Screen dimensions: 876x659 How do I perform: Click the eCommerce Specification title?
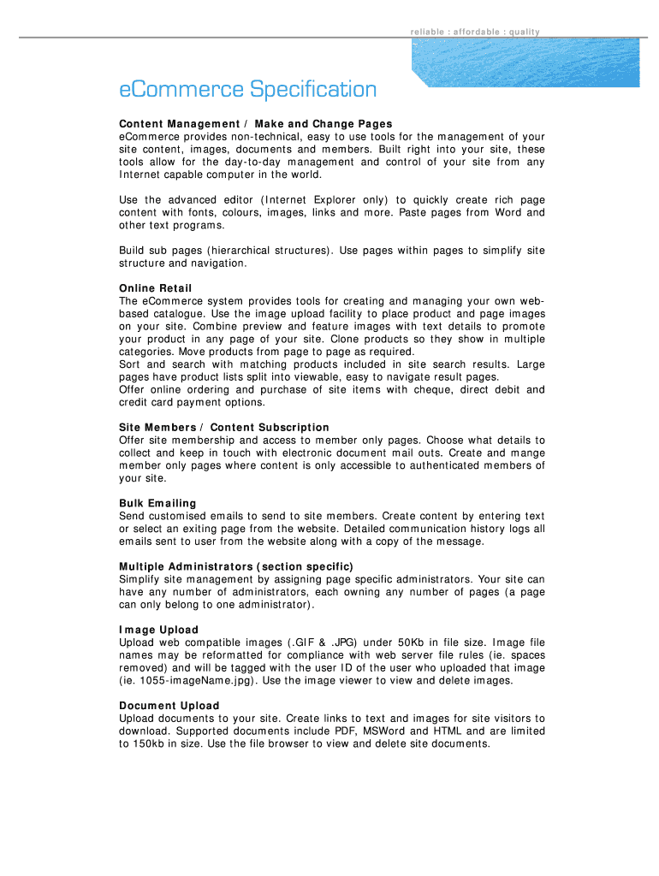click(x=247, y=90)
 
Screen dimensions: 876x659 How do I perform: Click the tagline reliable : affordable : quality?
click(x=475, y=33)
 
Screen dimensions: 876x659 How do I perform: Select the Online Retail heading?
click(x=156, y=288)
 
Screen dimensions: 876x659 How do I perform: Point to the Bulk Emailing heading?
click(x=157, y=503)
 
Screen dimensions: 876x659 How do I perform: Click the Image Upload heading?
click(x=158, y=630)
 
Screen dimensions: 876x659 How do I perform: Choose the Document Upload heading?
click(x=169, y=706)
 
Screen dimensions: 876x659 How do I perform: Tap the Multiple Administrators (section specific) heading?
click(x=236, y=566)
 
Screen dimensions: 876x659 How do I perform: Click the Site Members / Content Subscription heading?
click(x=224, y=427)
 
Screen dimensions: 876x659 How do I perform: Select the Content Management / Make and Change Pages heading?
click(x=256, y=124)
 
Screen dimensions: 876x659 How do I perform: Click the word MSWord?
click(x=384, y=731)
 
